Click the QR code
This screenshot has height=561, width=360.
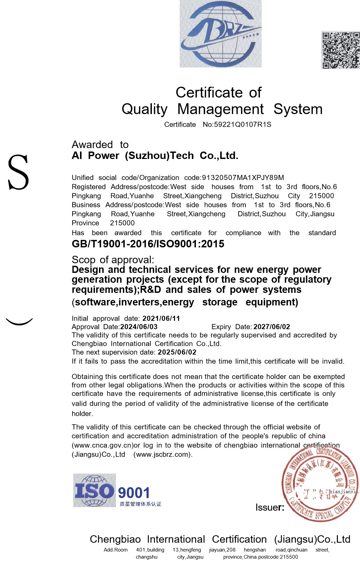340,50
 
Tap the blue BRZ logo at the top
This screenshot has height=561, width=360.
220,34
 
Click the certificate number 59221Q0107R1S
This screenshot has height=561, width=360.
242,124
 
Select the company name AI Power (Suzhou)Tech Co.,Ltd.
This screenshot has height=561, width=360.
155,156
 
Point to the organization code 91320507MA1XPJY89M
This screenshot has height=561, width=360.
243,178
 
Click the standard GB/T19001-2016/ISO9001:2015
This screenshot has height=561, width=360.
148,244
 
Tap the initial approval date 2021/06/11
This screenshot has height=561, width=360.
161,319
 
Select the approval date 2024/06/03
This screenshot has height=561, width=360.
139,327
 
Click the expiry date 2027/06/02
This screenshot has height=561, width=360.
272,327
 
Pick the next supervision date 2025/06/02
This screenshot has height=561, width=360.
177,352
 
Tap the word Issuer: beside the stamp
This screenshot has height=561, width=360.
270,507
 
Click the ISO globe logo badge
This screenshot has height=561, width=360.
94,490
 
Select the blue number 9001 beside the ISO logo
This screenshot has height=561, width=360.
134,493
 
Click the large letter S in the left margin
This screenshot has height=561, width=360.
18,173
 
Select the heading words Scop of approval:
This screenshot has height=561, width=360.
113,260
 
